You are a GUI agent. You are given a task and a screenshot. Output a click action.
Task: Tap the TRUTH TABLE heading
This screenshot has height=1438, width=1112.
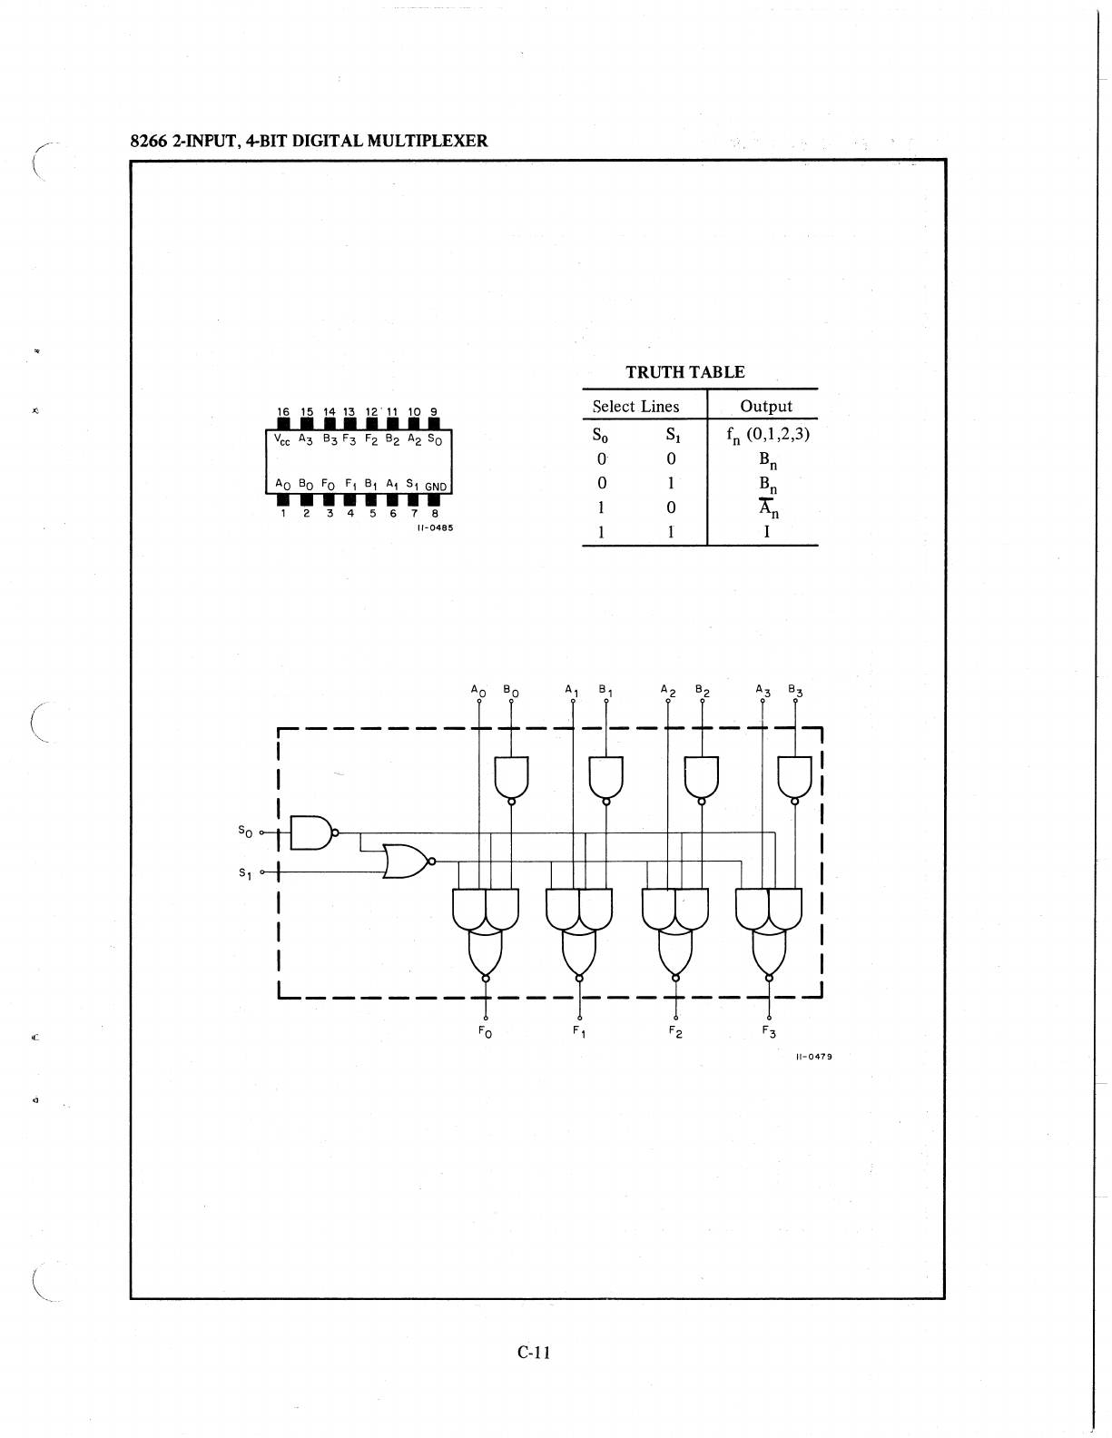(x=685, y=372)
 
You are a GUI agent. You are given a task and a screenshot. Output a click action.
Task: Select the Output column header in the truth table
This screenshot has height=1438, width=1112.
(x=765, y=407)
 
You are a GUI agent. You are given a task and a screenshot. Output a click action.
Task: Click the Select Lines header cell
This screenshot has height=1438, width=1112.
(x=635, y=407)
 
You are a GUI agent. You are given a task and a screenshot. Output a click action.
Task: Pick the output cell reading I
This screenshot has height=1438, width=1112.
(x=766, y=532)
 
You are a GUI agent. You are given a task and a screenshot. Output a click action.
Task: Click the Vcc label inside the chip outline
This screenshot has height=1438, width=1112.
(x=282, y=438)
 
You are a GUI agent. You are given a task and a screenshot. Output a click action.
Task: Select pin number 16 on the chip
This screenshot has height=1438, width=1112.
(x=282, y=411)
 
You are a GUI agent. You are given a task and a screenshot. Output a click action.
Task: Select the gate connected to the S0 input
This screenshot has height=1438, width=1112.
(x=311, y=832)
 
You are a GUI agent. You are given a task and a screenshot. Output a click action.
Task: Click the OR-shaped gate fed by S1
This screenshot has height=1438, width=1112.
(x=407, y=861)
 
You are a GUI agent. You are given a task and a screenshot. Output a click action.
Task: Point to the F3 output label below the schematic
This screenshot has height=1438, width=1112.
(x=770, y=1032)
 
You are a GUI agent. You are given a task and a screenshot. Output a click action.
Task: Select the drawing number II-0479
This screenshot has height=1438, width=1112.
(x=813, y=1057)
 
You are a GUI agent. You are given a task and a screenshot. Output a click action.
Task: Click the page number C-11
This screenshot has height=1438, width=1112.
(x=535, y=1352)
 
